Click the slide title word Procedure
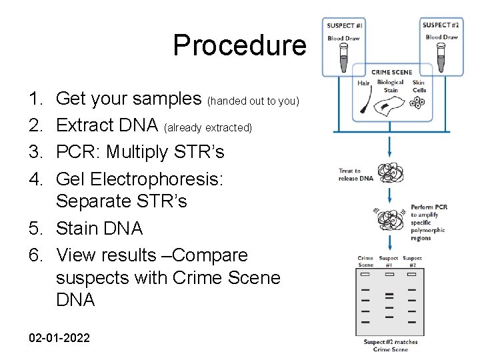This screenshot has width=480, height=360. tap(239, 45)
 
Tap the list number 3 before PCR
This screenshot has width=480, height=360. tap(35, 152)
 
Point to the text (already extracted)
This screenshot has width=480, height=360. tap(208, 127)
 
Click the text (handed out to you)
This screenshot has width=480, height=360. tap(254, 101)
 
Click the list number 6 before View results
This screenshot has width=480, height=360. tap(35, 255)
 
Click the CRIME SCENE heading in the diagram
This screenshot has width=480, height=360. tap(391, 72)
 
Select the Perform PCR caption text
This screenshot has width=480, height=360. tap(429, 223)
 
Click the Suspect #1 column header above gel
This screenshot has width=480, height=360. tap(388, 261)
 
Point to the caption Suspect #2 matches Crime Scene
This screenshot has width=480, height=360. tap(391, 345)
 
